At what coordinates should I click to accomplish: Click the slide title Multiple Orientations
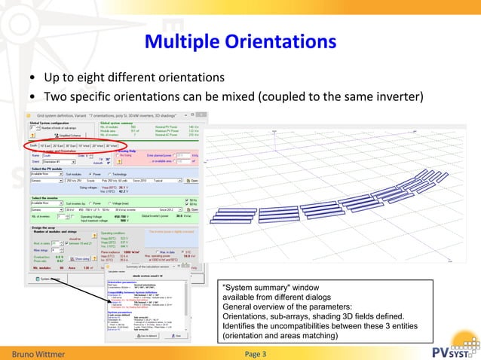click(x=240, y=38)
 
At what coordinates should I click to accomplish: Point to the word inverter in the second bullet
click(x=401, y=96)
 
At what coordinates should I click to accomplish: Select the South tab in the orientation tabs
click(x=34, y=146)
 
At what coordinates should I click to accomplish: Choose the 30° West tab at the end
click(x=112, y=146)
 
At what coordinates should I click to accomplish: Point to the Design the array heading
click(x=45, y=227)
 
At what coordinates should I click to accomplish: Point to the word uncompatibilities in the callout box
click(x=277, y=326)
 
